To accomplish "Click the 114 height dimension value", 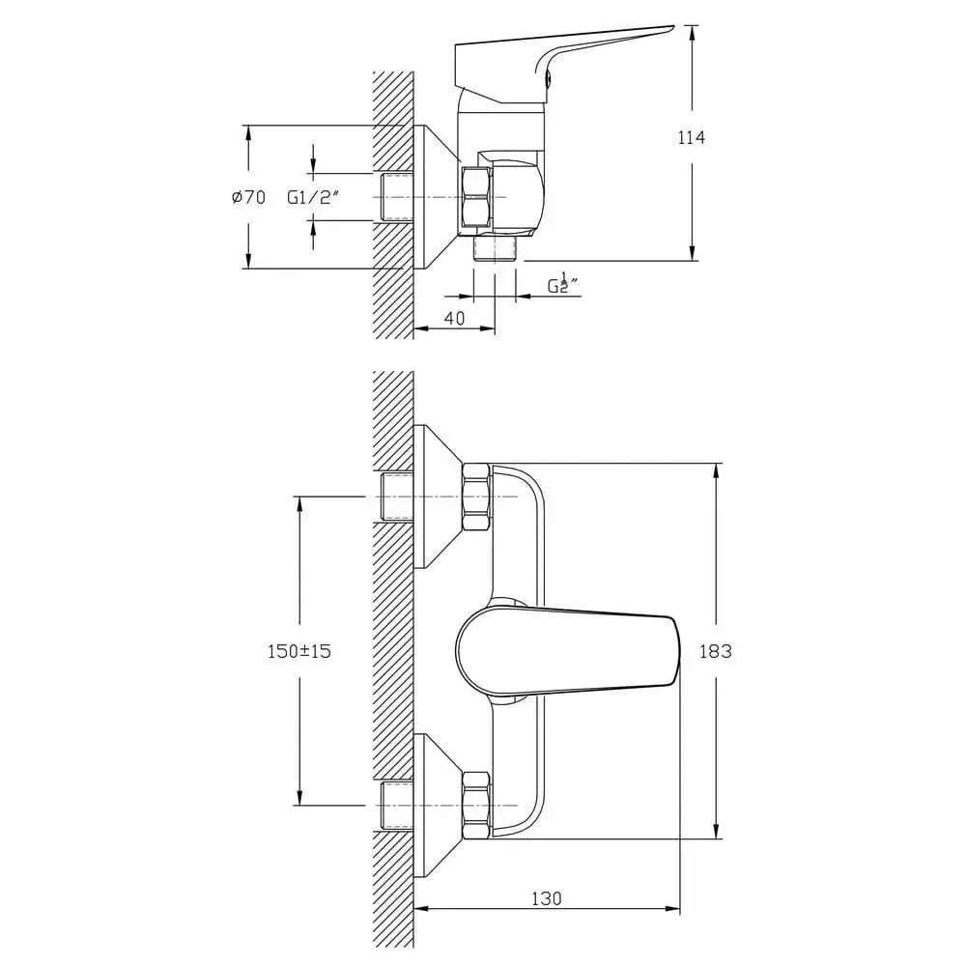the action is coord(692,138).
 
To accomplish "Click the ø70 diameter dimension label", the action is coord(249,197).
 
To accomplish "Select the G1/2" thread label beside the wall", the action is coord(314,197).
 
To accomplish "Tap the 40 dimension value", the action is coord(455,318).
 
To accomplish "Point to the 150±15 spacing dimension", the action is coord(299,650).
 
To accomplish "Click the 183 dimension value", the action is coord(715,650).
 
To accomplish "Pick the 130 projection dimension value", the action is coord(547,898).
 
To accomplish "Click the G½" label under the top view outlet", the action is coord(562,284).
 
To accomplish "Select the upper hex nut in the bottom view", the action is coord(477,497).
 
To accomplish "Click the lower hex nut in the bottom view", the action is coord(477,806).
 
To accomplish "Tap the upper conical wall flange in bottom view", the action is coord(438,497).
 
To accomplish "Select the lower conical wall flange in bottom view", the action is coord(438,806).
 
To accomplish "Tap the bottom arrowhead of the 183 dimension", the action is coord(716,832).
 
